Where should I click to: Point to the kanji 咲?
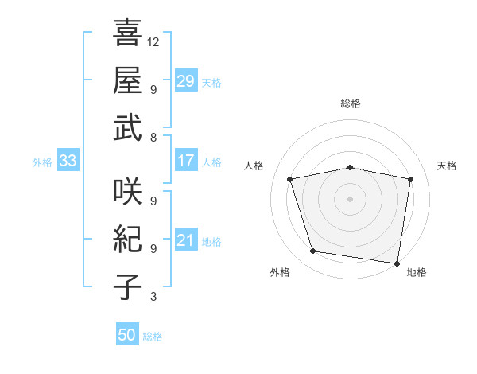point(127,191)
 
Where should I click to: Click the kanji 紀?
point(127,239)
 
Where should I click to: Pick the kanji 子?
point(127,286)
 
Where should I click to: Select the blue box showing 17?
point(186,162)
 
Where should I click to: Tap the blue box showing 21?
point(186,240)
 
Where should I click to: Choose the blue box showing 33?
point(68,162)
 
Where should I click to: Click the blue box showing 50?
point(127,335)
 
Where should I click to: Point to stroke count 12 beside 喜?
point(154,41)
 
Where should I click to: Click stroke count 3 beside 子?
point(153,298)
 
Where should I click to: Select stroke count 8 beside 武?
point(153,137)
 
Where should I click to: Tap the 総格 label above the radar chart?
point(351,104)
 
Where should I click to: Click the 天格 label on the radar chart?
point(447,166)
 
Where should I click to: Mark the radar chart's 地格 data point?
point(397,263)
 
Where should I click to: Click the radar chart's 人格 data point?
point(290,179)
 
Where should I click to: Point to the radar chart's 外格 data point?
point(313,251)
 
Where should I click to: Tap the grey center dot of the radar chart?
point(351,198)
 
